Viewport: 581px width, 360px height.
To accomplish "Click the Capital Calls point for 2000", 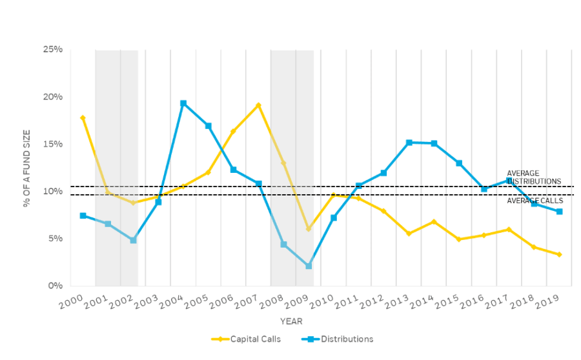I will tap(83, 117).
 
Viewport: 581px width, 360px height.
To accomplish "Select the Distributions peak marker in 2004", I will tap(183, 103).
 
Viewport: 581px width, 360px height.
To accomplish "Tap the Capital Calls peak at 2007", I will tap(258, 105).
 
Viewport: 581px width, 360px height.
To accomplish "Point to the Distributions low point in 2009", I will tap(309, 266).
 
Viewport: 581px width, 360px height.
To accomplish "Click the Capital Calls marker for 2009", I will tap(309, 228).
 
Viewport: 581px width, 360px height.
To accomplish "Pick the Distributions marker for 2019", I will tap(559, 212).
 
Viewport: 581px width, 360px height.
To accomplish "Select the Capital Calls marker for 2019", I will tap(559, 254).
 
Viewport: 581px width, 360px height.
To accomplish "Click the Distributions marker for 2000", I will tap(83, 215).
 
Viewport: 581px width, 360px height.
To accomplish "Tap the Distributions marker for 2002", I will tap(133, 240).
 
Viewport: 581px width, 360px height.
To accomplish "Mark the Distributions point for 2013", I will tap(409, 143).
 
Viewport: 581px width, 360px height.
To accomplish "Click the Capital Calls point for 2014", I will tap(434, 221).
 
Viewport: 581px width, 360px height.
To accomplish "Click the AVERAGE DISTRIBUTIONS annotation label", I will tap(534, 177).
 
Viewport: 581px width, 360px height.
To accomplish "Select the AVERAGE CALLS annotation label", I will tap(535, 201).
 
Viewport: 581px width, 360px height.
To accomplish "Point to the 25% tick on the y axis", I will tap(53, 50).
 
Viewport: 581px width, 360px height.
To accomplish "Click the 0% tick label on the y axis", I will tap(56, 285).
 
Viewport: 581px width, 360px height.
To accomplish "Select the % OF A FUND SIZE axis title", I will tap(27, 167).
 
